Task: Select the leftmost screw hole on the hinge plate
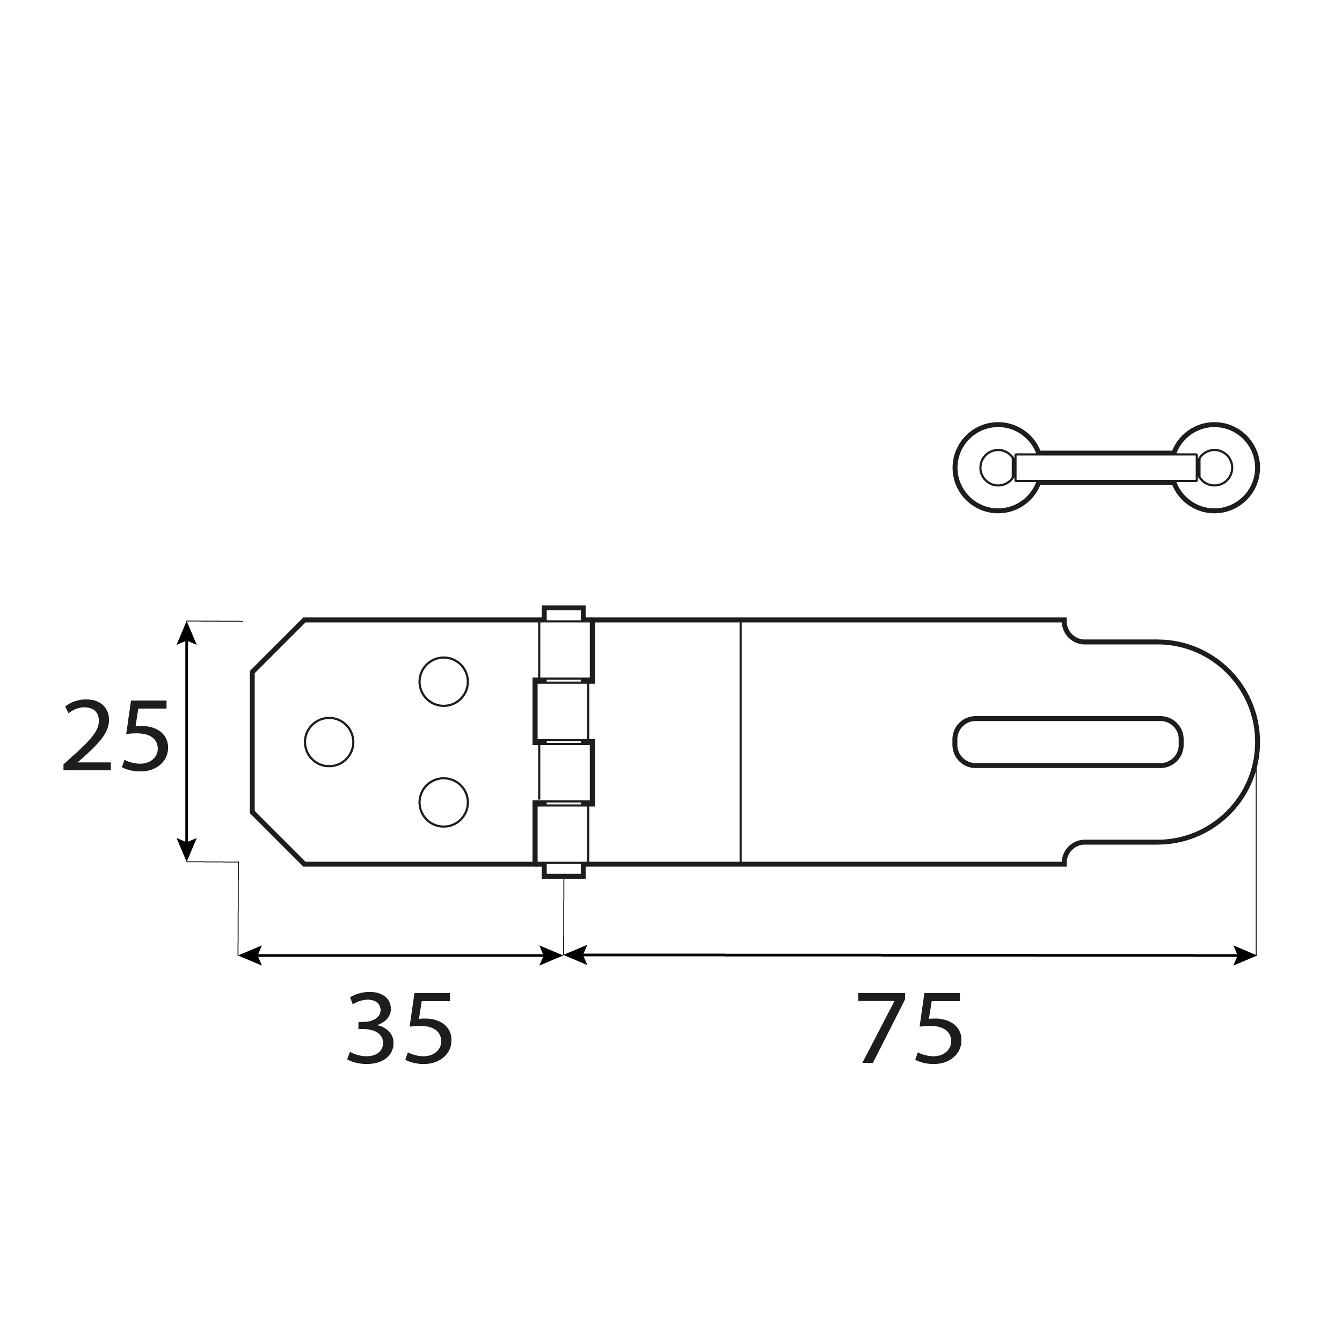(329, 742)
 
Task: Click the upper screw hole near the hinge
(443, 681)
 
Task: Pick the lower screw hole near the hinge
(443, 803)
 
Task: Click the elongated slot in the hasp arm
(1068, 742)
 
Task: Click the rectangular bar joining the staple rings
(1106, 468)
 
